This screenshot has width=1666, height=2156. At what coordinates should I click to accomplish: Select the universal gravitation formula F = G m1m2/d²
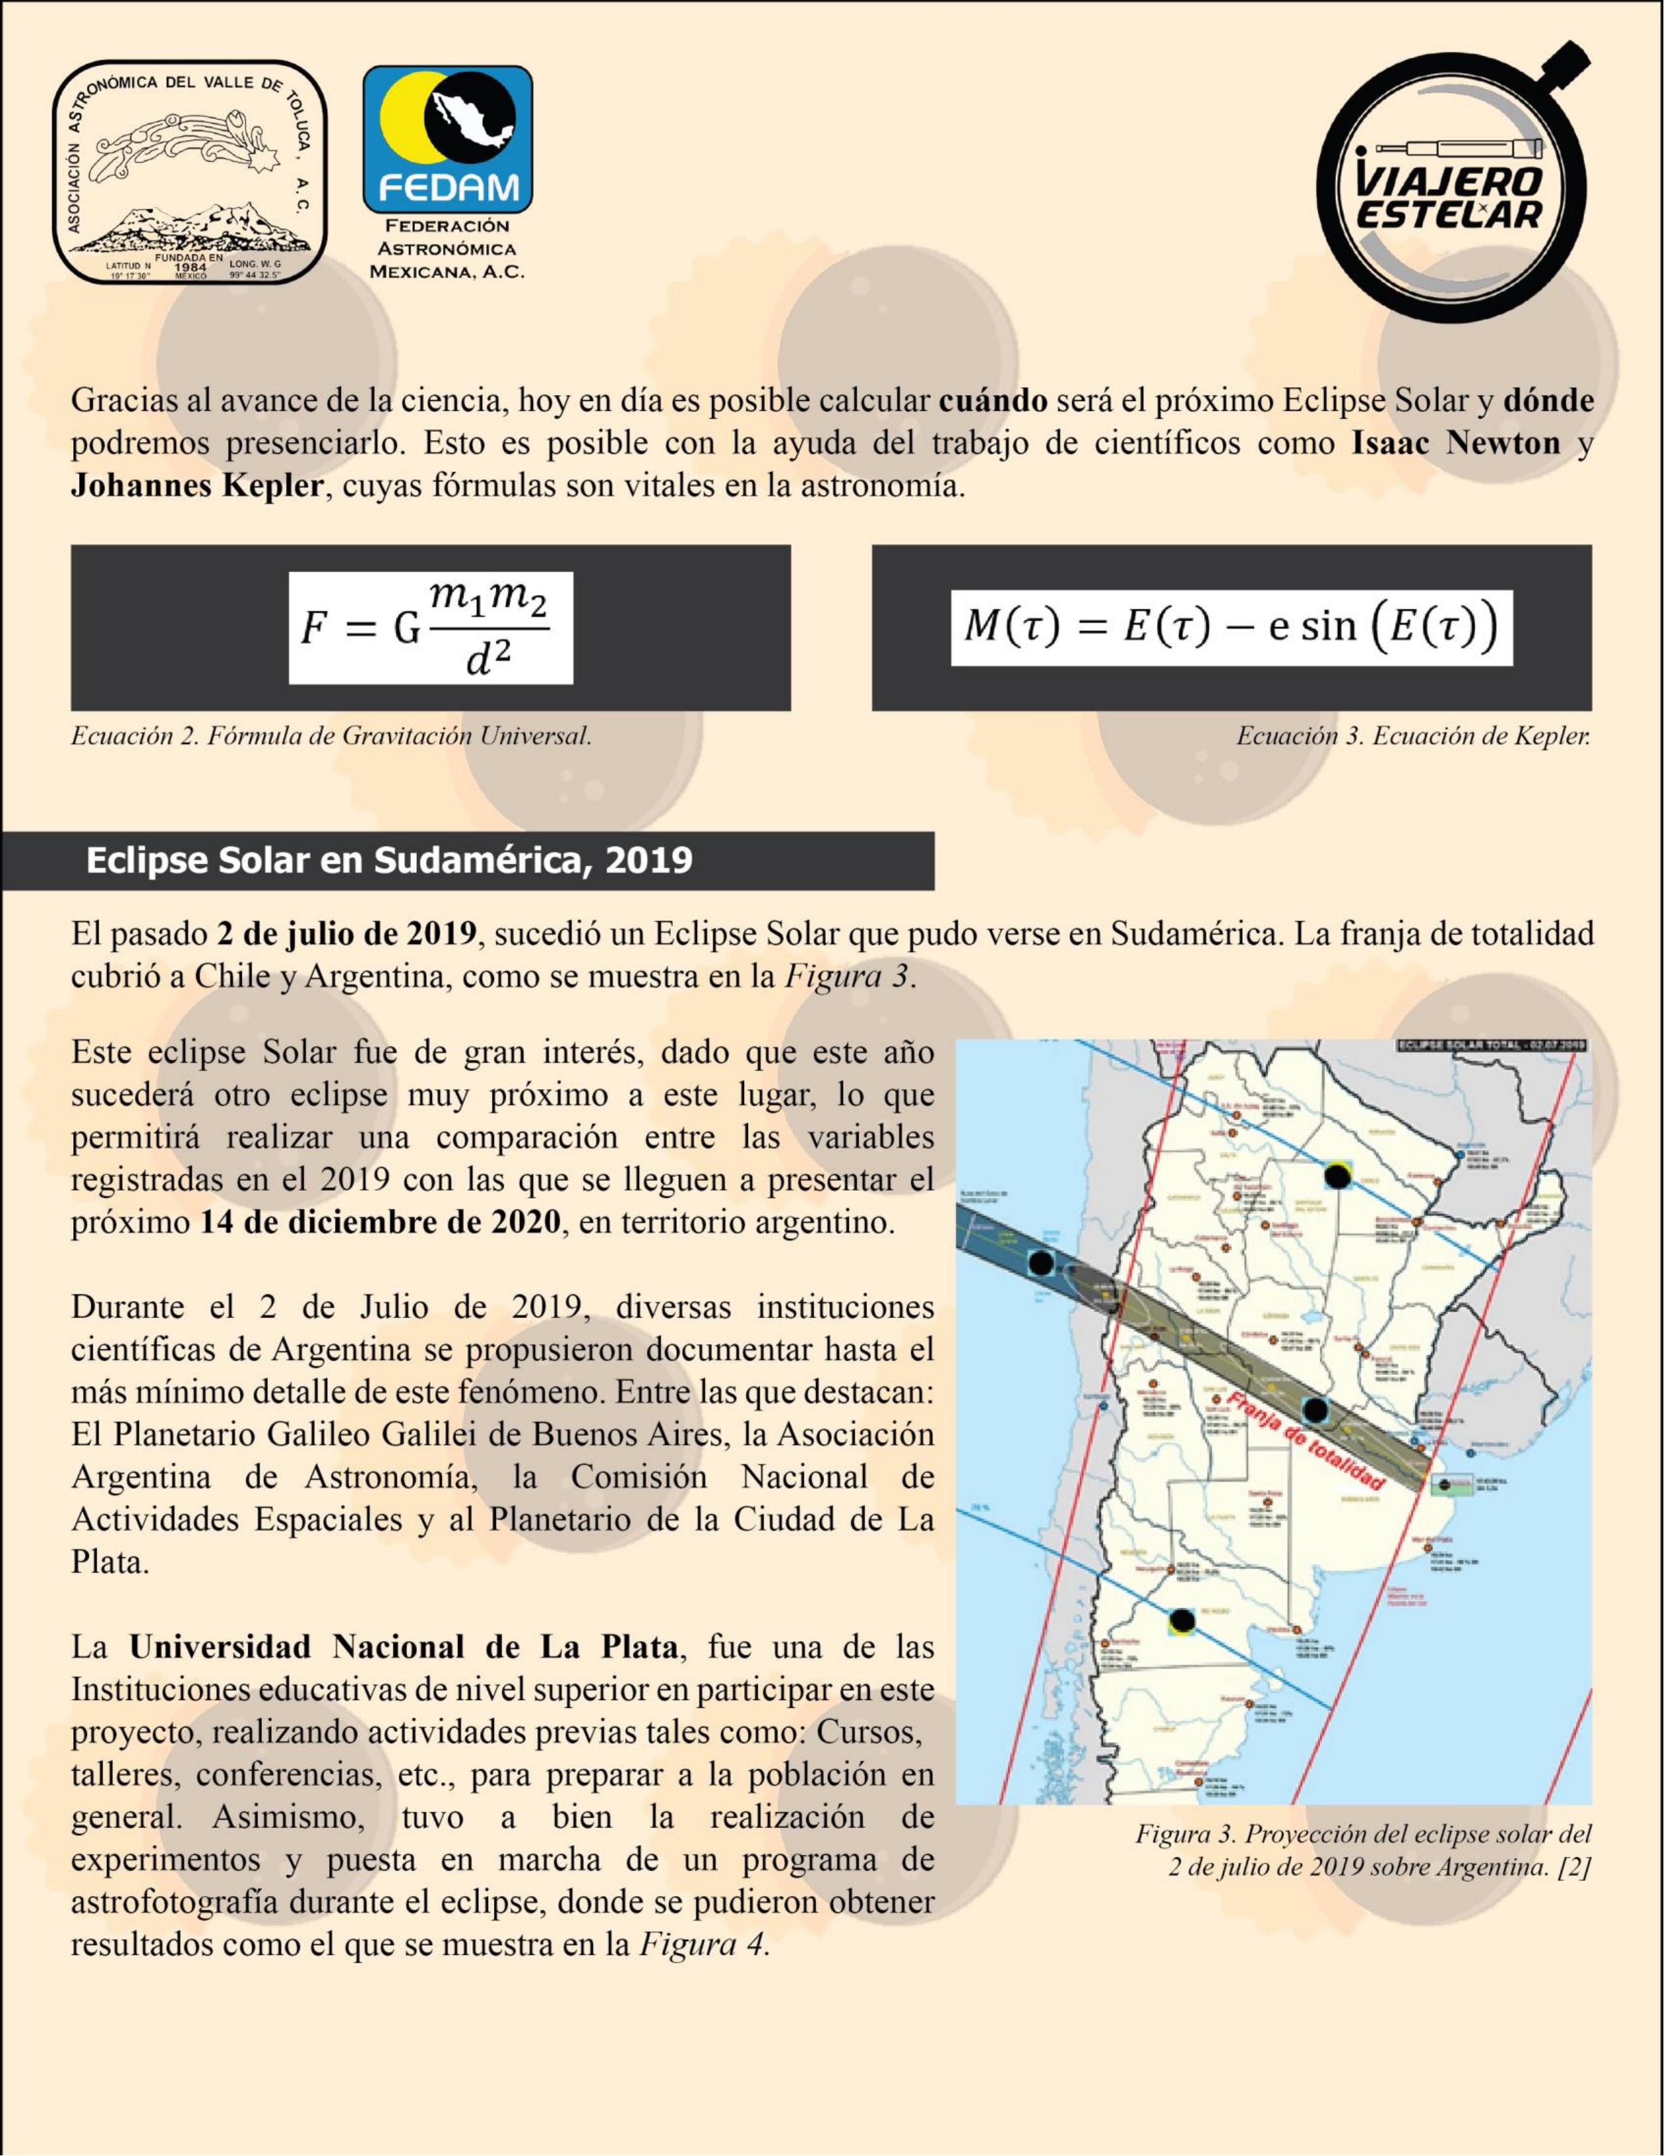430,627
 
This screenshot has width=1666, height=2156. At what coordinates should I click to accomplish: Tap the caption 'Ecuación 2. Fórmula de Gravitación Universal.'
331,735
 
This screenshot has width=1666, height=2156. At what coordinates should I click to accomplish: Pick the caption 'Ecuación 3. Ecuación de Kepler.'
1413,735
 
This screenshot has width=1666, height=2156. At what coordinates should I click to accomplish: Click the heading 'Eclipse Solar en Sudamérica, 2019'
389,860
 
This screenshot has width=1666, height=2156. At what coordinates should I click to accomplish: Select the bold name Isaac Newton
1456,443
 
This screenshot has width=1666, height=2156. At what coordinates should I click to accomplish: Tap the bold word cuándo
992,401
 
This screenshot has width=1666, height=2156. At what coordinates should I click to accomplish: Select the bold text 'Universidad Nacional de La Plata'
403,1647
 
